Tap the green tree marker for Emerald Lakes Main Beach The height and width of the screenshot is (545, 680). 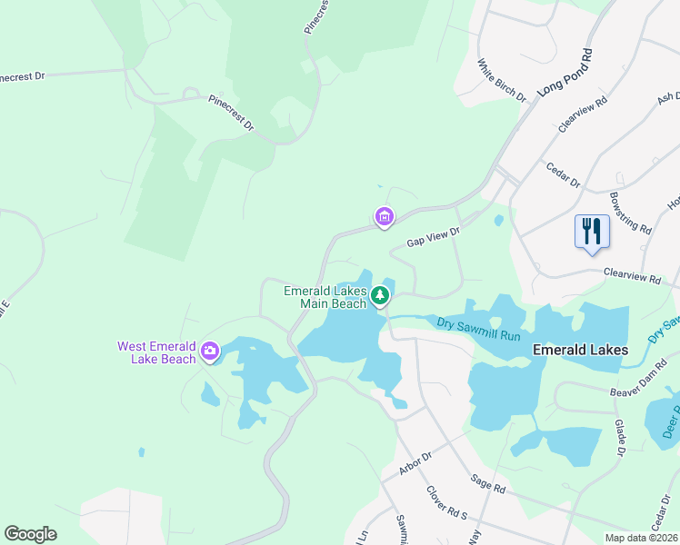(380, 294)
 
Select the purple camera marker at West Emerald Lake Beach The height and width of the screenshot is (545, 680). (211, 351)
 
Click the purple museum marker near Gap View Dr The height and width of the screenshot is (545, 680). (385, 217)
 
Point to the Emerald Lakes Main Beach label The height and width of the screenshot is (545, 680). (325, 297)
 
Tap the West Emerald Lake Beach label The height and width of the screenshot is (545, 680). (156, 352)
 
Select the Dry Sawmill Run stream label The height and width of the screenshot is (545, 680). (477, 329)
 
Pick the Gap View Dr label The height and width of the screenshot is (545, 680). (434, 238)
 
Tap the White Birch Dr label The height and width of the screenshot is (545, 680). (503, 80)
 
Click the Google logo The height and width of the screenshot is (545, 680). (30, 534)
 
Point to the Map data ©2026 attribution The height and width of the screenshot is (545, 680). (642, 538)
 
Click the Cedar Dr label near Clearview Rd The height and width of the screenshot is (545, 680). (563, 174)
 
